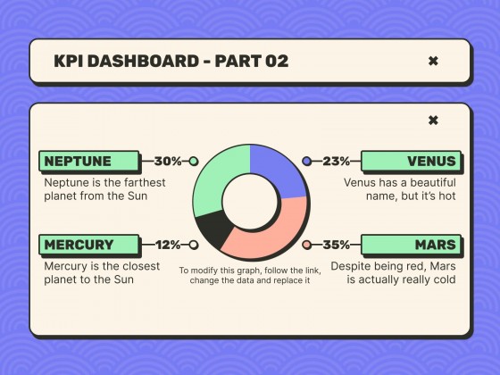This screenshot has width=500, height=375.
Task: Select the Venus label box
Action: [x=411, y=162]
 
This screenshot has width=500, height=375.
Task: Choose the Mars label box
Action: [x=411, y=245]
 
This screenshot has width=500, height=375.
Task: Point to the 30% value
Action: [x=168, y=162]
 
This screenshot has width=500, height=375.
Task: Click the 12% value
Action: [x=168, y=245]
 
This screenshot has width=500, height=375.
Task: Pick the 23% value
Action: [x=336, y=162]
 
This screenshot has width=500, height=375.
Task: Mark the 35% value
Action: [x=336, y=245]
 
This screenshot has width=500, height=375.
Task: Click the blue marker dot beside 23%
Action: [x=308, y=162]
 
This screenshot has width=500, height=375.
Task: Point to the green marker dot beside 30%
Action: [x=194, y=162]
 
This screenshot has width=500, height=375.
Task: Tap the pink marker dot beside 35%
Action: [x=307, y=245]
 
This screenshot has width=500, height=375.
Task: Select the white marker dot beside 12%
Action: [x=194, y=245]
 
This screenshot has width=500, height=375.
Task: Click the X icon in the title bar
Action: [x=433, y=61]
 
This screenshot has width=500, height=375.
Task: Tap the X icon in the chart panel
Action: [x=433, y=121]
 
